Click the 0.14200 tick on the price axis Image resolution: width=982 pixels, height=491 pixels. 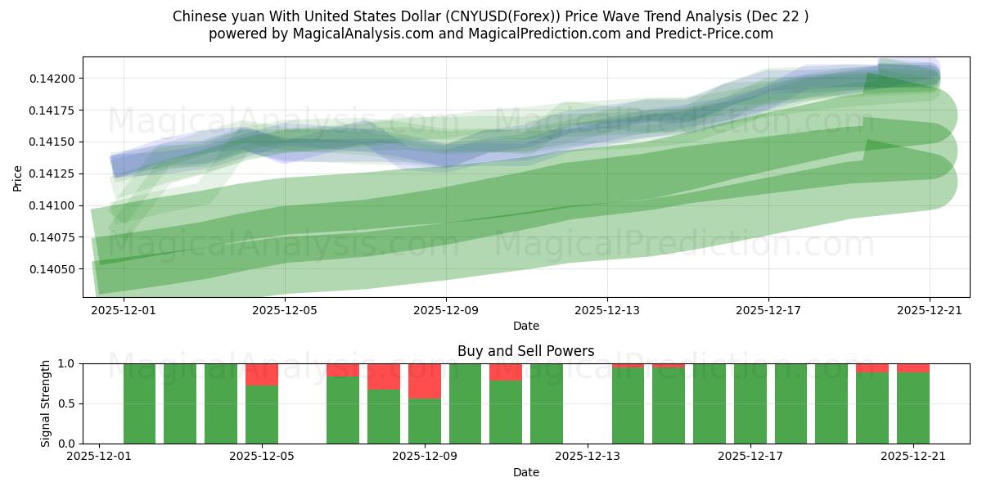54,79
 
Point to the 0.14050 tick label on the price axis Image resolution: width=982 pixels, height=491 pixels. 54,269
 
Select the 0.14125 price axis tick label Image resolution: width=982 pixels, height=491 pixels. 54,173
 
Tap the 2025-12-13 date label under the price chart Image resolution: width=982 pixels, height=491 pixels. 606,310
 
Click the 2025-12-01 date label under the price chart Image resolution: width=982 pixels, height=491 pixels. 123,310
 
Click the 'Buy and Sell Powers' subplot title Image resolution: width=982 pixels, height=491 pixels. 525,351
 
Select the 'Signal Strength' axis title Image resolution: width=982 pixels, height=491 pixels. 46,403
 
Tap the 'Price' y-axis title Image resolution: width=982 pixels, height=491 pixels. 18,177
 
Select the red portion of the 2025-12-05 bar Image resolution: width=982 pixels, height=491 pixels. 262,374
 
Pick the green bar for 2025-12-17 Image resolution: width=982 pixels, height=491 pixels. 750,403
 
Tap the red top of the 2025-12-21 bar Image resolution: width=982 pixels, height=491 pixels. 912,367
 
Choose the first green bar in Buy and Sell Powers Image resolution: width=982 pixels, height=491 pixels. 139,403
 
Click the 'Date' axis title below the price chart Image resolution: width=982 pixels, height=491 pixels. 525,326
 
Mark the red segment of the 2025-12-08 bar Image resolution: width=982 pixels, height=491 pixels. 384,376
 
